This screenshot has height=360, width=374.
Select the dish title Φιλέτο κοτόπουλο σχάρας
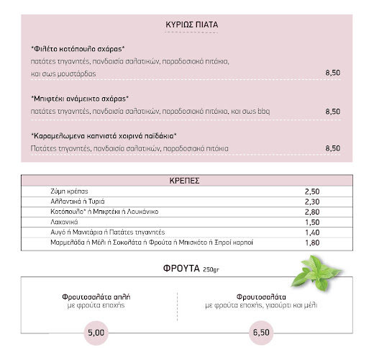(x=78, y=49)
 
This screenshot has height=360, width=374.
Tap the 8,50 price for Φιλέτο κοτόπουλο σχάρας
(x=332, y=74)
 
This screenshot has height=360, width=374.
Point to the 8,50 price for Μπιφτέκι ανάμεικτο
(x=332, y=112)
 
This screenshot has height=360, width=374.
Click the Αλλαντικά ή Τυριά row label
(x=73, y=202)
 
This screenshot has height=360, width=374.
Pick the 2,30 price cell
(x=311, y=202)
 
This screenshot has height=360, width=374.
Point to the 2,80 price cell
(x=311, y=212)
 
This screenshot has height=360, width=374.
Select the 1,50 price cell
(x=311, y=223)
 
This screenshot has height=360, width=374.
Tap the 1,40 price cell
(x=311, y=233)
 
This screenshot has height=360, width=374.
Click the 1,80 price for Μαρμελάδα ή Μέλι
(x=311, y=243)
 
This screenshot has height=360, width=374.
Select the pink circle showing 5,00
(x=96, y=333)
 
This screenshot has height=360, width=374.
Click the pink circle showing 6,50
(x=262, y=333)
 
